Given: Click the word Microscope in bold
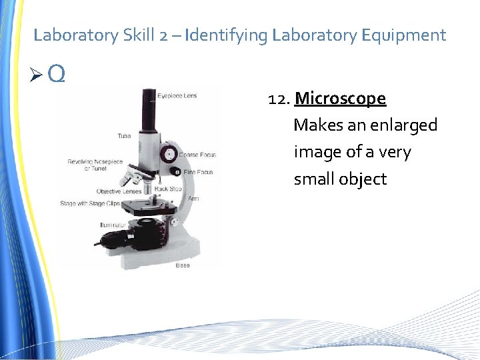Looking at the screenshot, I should [340, 99].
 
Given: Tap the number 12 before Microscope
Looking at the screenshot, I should [278, 99].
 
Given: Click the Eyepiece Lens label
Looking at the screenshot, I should [177, 96].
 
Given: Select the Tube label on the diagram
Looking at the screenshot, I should [124, 136].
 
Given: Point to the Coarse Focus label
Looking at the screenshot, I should [197, 155].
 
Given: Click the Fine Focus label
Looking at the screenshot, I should [198, 172].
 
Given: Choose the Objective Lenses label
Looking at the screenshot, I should [119, 191].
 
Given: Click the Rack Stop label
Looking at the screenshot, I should [168, 189].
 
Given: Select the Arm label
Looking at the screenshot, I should [193, 198].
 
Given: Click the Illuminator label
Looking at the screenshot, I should [113, 225].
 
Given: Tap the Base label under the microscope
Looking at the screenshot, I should [183, 265].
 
